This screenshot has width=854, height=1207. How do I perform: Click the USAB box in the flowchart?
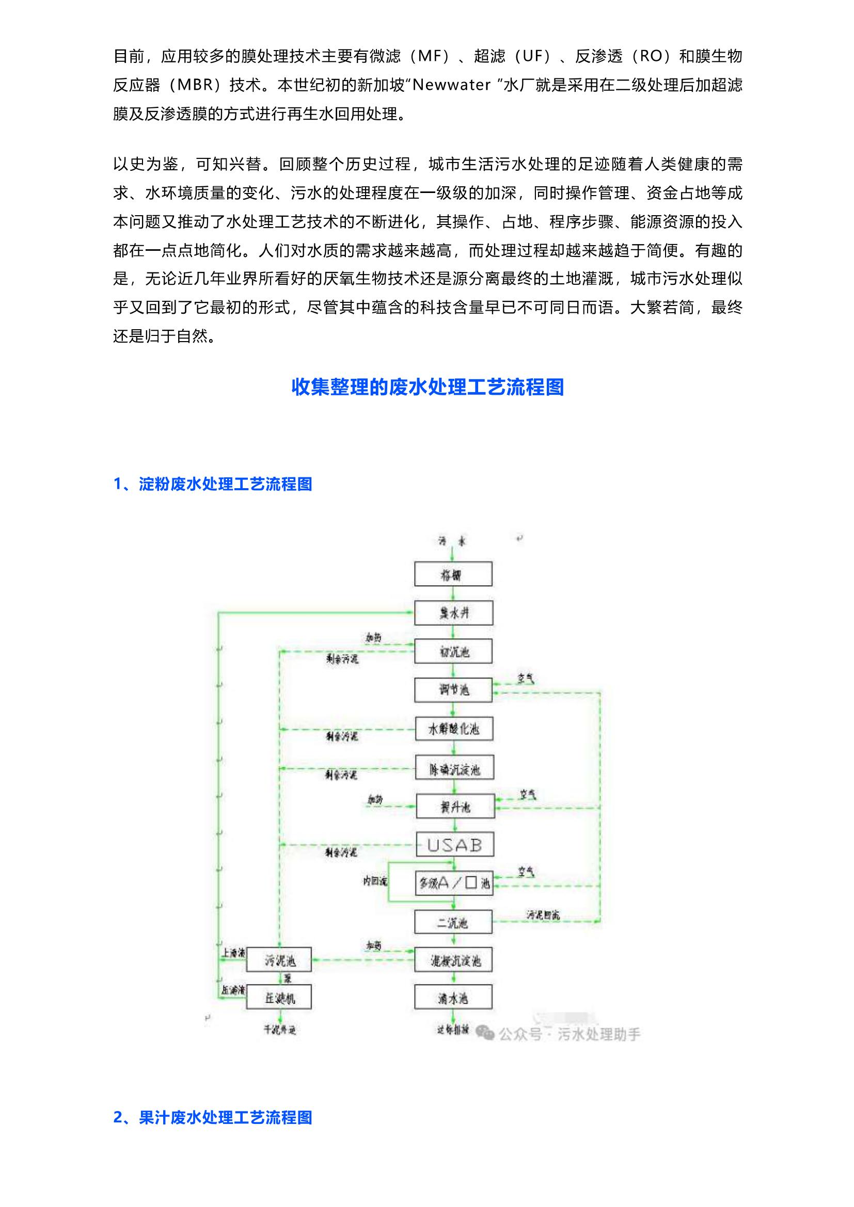455,845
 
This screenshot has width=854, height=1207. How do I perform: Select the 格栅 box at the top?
453,574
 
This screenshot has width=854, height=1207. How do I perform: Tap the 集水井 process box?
453,613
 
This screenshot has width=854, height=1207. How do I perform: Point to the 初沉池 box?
453,651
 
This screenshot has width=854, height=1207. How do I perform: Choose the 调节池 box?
453,690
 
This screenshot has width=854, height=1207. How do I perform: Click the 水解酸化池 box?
454,729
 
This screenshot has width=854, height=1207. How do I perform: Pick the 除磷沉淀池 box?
455,769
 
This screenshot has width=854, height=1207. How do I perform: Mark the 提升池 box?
455,807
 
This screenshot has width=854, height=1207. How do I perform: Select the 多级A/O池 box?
455,883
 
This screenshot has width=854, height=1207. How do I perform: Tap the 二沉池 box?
453,923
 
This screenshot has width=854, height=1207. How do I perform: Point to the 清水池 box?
453,999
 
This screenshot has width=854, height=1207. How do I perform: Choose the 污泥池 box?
279,961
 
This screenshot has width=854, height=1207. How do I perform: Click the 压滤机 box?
279,999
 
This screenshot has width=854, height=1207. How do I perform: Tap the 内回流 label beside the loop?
374,881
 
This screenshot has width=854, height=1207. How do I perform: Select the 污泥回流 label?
543,915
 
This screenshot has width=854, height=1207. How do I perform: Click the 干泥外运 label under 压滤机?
280,1029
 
